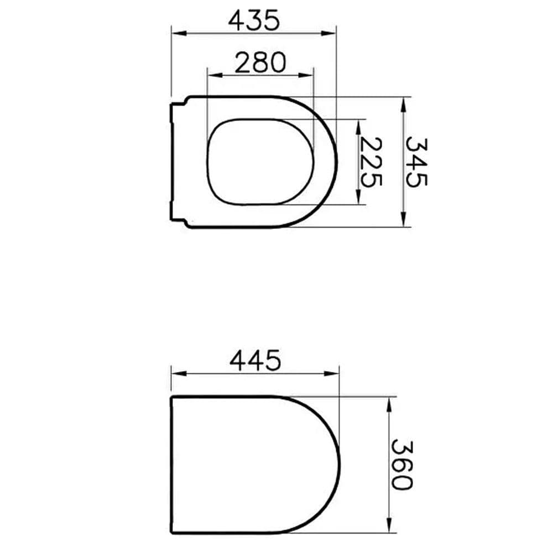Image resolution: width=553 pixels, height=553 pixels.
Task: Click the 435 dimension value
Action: tap(255, 20)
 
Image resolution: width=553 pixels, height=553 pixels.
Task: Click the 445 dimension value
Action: tap(255, 361)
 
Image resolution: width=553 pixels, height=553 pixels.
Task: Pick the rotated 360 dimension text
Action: tap(401, 465)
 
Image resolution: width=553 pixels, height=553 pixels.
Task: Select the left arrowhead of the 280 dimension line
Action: tap(211, 75)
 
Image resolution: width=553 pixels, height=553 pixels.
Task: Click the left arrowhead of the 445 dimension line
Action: tap(176, 373)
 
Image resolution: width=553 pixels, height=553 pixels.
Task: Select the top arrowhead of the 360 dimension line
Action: tap(390, 401)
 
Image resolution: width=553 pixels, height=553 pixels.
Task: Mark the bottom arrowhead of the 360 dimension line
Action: tap(390, 528)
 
